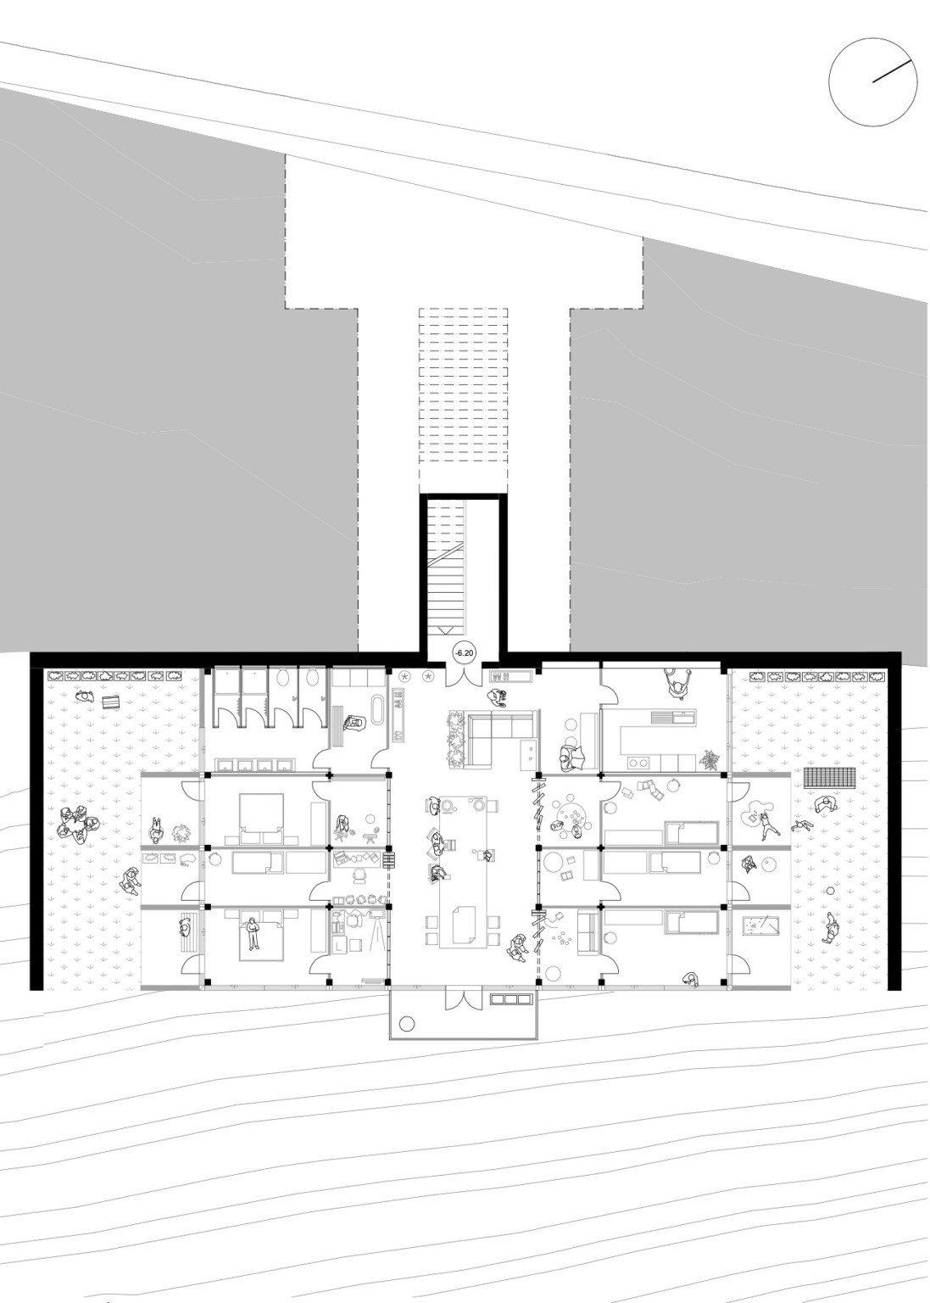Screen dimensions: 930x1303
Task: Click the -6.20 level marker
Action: (x=464, y=653)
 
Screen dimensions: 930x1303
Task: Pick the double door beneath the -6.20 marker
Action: (x=464, y=676)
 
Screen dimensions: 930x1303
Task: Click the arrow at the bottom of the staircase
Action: (x=446, y=630)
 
